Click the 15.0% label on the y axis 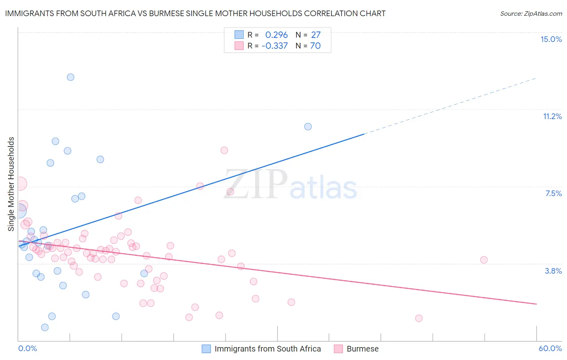point(551,39)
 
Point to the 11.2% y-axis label point(552,116)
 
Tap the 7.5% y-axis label point(553,193)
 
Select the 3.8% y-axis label point(553,271)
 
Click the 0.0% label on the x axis point(27,348)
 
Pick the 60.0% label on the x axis point(550,348)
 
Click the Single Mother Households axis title point(11,184)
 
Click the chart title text point(195,13)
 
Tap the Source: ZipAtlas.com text point(531,13)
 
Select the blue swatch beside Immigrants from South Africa point(206,349)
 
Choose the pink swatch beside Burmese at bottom point(338,349)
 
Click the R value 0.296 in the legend point(276,35)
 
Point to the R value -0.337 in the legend point(275,46)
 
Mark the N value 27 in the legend point(316,35)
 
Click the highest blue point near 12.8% point(71,77)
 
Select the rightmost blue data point point(308,126)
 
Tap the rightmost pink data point point(484,260)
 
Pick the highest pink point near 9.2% point(224,150)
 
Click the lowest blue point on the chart point(45,327)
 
